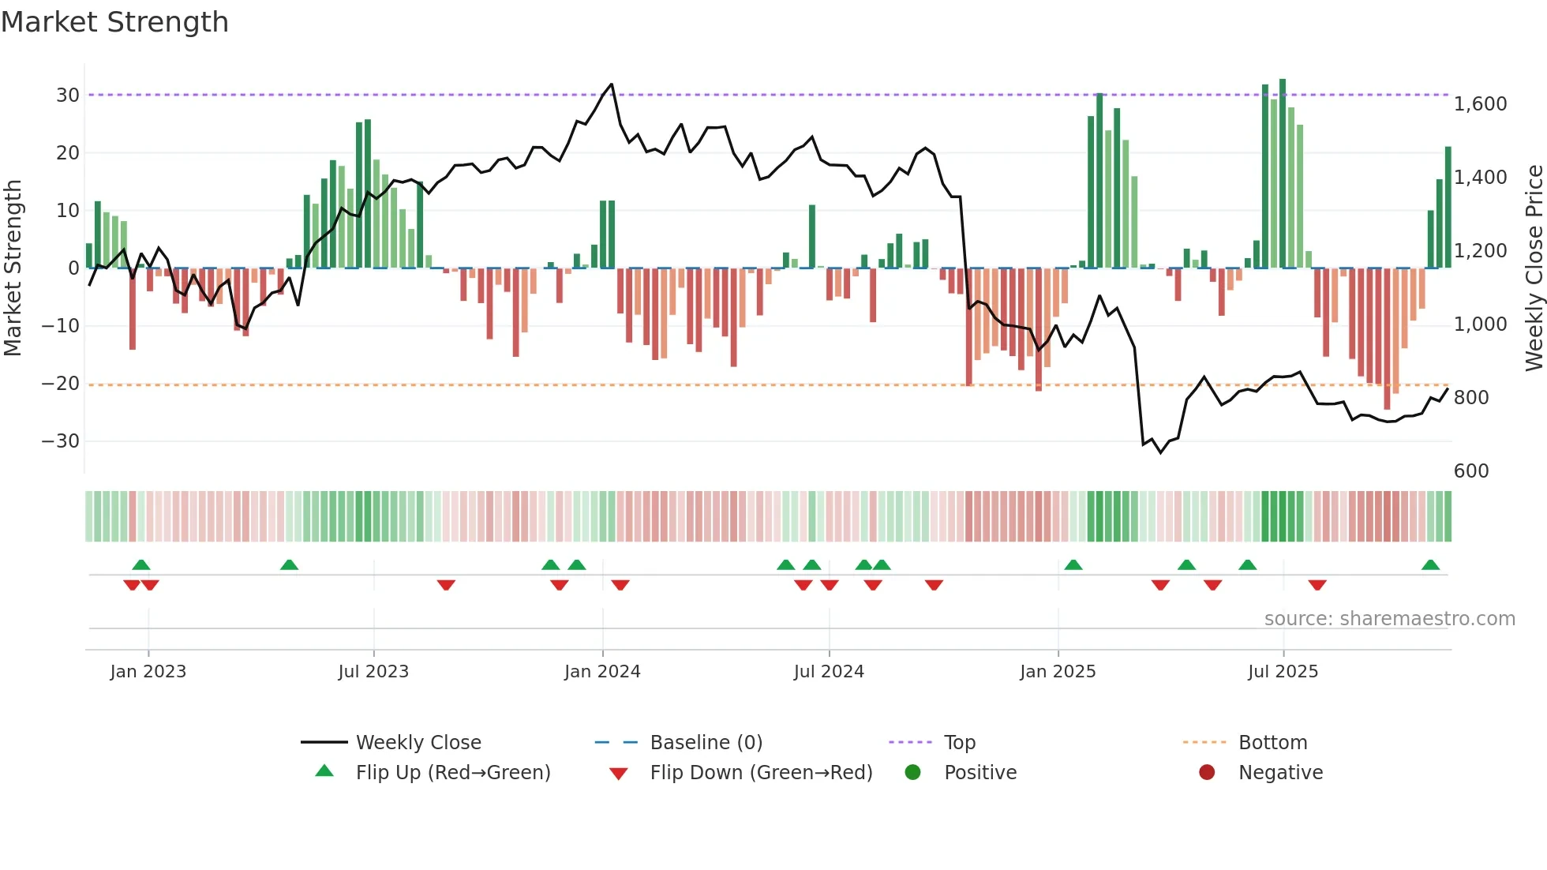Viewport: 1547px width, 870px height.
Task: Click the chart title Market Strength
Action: coord(114,22)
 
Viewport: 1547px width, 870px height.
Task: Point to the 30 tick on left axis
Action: coord(68,96)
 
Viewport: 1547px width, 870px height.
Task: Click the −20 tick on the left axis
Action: coord(61,384)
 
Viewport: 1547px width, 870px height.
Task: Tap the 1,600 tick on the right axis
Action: coord(1480,104)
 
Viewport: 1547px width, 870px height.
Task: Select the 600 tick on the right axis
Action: coord(1471,471)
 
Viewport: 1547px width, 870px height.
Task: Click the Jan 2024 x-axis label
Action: coord(602,672)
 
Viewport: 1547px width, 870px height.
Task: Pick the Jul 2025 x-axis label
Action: coord(1283,672)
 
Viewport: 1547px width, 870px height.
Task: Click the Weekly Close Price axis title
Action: coord(1534,268)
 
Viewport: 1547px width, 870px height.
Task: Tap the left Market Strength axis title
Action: coord(13,268)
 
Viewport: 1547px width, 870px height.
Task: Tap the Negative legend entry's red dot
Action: coord(1206,773)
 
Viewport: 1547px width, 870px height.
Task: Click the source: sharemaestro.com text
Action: coord(1389,619)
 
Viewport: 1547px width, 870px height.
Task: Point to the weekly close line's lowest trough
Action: coord(1161,452)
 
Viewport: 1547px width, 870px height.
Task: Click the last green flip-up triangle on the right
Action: coord(1430,565)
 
